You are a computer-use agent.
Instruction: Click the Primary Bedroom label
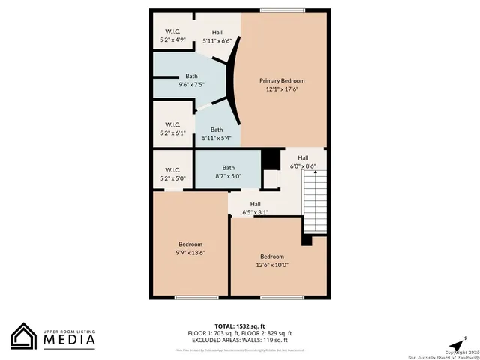(282, 80)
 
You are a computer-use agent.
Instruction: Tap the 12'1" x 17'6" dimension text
(282, 89)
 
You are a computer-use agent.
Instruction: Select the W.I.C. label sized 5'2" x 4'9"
(172, 31)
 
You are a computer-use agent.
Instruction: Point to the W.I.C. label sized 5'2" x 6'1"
(172, 124)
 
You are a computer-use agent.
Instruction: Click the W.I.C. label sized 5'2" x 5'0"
(172, 170)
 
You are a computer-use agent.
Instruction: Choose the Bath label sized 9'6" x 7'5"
(192, 76)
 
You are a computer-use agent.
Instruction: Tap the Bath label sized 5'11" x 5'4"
(217, 130)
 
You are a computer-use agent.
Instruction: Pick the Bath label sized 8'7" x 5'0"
(229, 167)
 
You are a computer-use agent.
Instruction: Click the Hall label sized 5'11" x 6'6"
(217, 32)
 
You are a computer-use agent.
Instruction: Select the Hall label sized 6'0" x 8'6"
(303, 157)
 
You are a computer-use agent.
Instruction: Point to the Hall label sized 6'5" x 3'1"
(256, 204)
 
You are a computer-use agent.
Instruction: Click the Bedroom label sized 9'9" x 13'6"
(190, 244)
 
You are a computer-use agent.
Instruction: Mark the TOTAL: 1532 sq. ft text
(240, 326)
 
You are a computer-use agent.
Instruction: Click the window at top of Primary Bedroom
(283, 10)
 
